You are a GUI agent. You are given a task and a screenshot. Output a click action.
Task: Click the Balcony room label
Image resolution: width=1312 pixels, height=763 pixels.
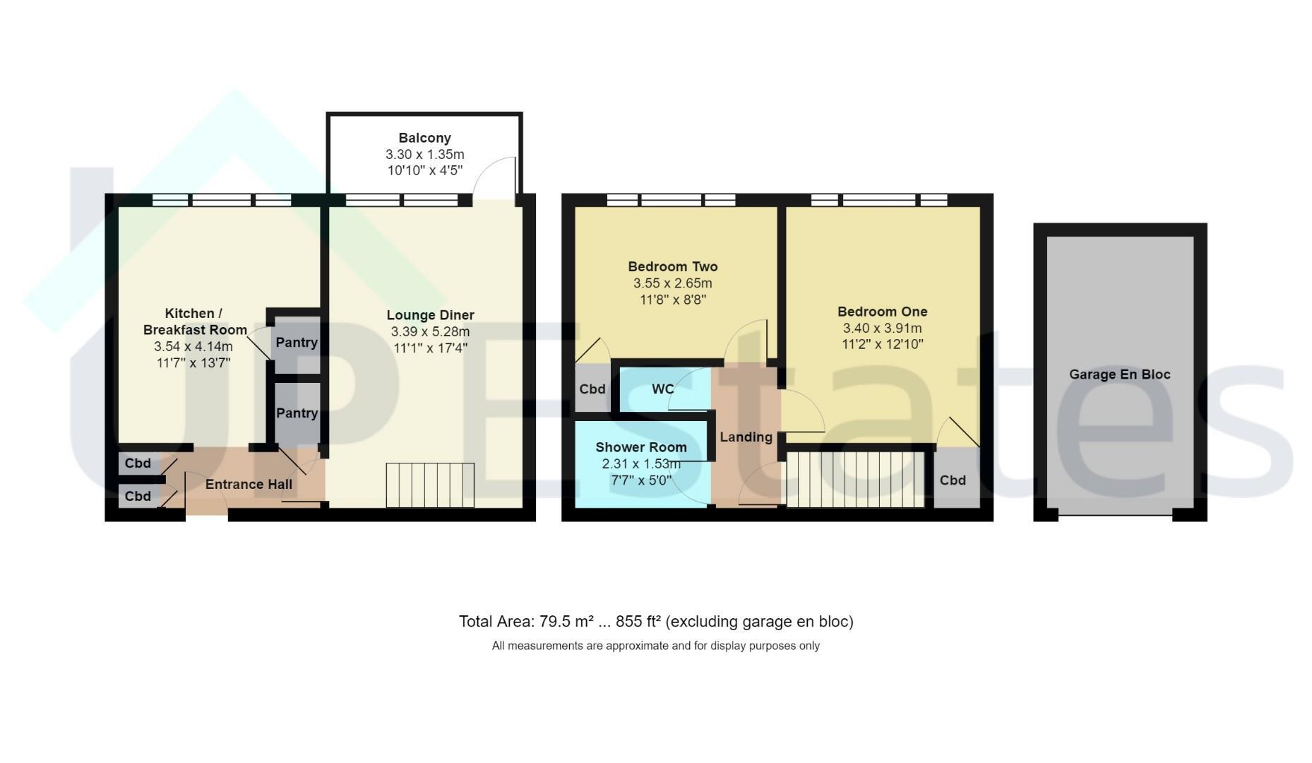(x=424, y=138)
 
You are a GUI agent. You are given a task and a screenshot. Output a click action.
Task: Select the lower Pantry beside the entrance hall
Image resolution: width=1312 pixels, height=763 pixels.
(x=297, y=414)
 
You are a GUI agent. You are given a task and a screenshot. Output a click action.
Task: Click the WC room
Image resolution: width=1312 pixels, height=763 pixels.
(x=664, y=389)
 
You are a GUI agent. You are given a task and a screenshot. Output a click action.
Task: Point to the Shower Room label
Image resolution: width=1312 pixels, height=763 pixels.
(x=641, y=447)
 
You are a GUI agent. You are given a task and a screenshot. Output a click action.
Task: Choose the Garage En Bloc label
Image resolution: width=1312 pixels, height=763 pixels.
(x=1120, y=374)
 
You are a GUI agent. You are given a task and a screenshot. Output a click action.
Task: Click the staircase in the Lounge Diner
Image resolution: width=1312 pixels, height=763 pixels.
(x=430, y=485)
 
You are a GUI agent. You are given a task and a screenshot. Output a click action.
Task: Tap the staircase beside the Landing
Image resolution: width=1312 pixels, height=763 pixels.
(x=855, y=480)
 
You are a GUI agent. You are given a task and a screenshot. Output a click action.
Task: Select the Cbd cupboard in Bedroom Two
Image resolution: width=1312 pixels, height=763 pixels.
(x=592, y=388)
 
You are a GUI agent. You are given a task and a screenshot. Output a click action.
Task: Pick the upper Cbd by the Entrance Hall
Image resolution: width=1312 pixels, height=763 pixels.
(x=138, y=463)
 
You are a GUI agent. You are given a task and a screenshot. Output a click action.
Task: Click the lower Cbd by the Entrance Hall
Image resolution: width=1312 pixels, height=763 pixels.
(x=138, y=496)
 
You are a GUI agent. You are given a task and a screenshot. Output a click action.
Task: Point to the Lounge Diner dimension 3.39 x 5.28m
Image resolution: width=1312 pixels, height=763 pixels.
(x=430, y=331)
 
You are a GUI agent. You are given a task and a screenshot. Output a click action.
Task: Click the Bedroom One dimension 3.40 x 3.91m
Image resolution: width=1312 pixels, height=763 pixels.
(x=883, y=328)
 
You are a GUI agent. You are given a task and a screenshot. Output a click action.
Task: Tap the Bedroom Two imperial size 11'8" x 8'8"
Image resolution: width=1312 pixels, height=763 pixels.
(x=673, y=300)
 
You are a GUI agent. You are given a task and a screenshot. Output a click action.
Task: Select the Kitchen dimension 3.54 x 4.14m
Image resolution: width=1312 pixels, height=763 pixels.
(x=193, y=346)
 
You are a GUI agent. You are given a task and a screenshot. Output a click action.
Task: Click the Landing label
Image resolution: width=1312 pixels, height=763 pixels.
(x=746, y=437)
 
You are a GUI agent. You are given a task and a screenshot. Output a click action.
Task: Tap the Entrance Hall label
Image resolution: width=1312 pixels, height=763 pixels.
(x=249, y=484)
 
